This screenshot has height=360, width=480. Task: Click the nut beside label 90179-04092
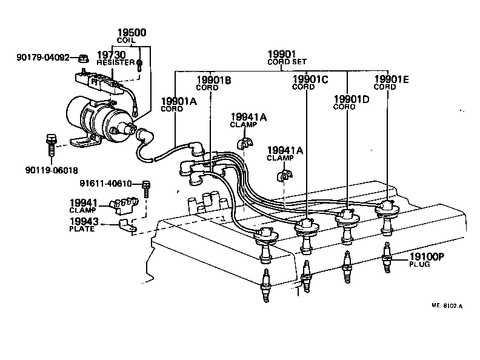(x=84, y=58)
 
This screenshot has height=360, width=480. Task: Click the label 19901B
(x=214, y=80)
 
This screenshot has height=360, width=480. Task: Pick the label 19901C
(x=310, y=79)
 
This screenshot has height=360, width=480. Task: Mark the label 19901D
(x=352, y=99)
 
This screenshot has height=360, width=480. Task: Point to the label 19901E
(x=393, y=79)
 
